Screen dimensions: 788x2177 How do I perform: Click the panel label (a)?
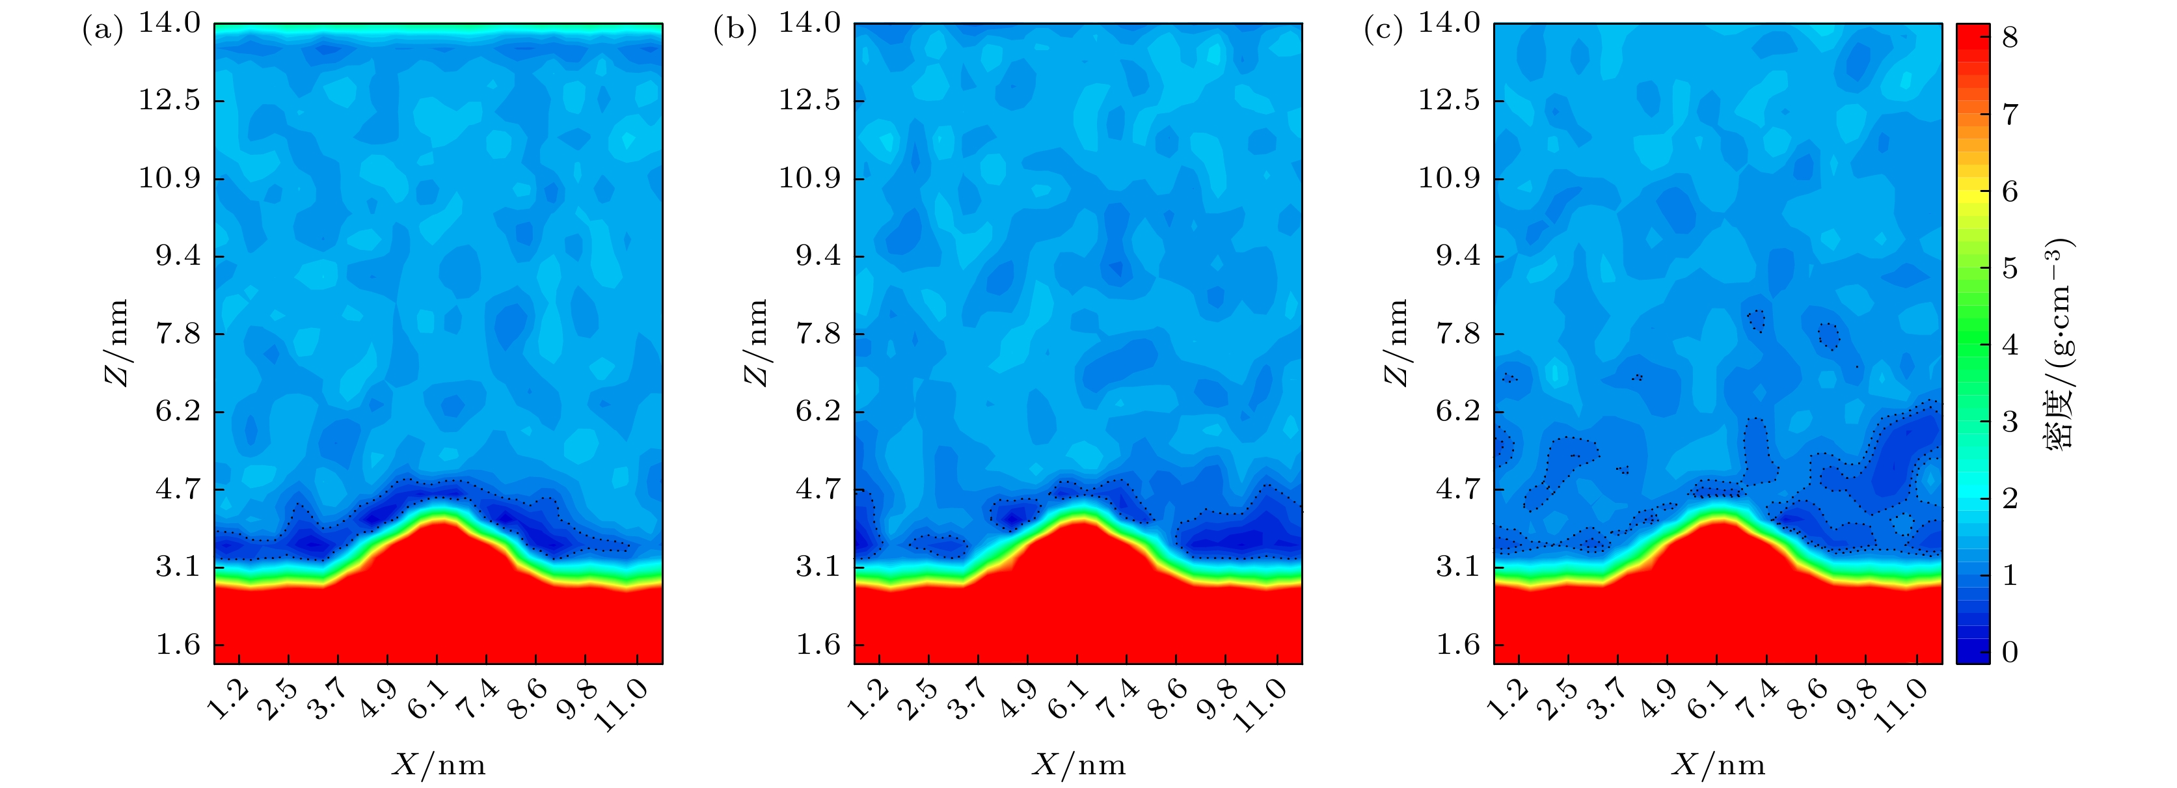(102, 31)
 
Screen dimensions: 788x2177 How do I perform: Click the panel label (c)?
(1383, 31)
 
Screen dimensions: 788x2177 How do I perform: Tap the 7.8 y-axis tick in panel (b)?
(818, 334)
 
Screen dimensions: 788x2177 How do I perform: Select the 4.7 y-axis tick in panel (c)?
(1458, 489)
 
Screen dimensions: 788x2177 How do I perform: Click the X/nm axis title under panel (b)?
(1078, 765)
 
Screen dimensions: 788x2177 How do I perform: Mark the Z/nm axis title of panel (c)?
(1397, 342)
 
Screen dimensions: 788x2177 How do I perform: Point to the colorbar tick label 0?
(2010, 652)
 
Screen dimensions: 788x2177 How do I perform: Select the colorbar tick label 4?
(2010, 345)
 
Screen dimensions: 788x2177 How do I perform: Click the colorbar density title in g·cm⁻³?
(2059, 342)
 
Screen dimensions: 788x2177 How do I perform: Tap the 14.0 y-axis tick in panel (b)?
(809, 23)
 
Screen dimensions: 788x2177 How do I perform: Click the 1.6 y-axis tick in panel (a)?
(178, 645)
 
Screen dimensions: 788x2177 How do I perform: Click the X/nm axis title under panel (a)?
(439, 765)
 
